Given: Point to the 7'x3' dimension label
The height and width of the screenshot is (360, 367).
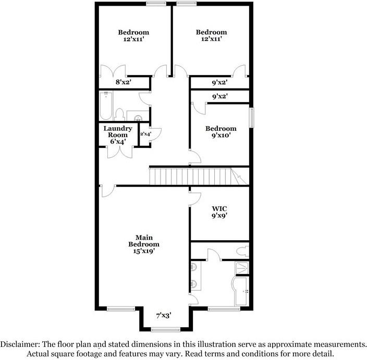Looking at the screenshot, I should pyautogui.click(x=164, y=315).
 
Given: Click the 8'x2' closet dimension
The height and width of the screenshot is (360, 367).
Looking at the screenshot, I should pyautogui.click(x=123, y=82).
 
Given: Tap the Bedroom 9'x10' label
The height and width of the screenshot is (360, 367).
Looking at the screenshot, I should pyautogui.click(x=221, y=132).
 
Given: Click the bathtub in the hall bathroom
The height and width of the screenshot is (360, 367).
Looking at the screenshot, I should pyautogui.click(x=106, y=106).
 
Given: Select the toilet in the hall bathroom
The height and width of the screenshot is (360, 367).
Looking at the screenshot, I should pyautogui.click(x=119, y=115).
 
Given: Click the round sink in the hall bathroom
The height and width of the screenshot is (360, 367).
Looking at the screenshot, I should pyautogui.click(x=139, y=117).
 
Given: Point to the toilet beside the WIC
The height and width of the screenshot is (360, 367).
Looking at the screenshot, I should pyautogui.click(x=241, y=251).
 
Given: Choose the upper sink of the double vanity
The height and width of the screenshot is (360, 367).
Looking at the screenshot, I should pyautogui.click(x=195, y=268).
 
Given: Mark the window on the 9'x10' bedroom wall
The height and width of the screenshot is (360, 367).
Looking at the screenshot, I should pyautogui.click(x=252, y=117).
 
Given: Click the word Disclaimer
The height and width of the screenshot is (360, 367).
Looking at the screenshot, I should pyautogui.click(x=19, y=344).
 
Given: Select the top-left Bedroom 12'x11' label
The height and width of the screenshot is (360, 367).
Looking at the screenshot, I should pyautogui.click(x=133, y=35).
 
